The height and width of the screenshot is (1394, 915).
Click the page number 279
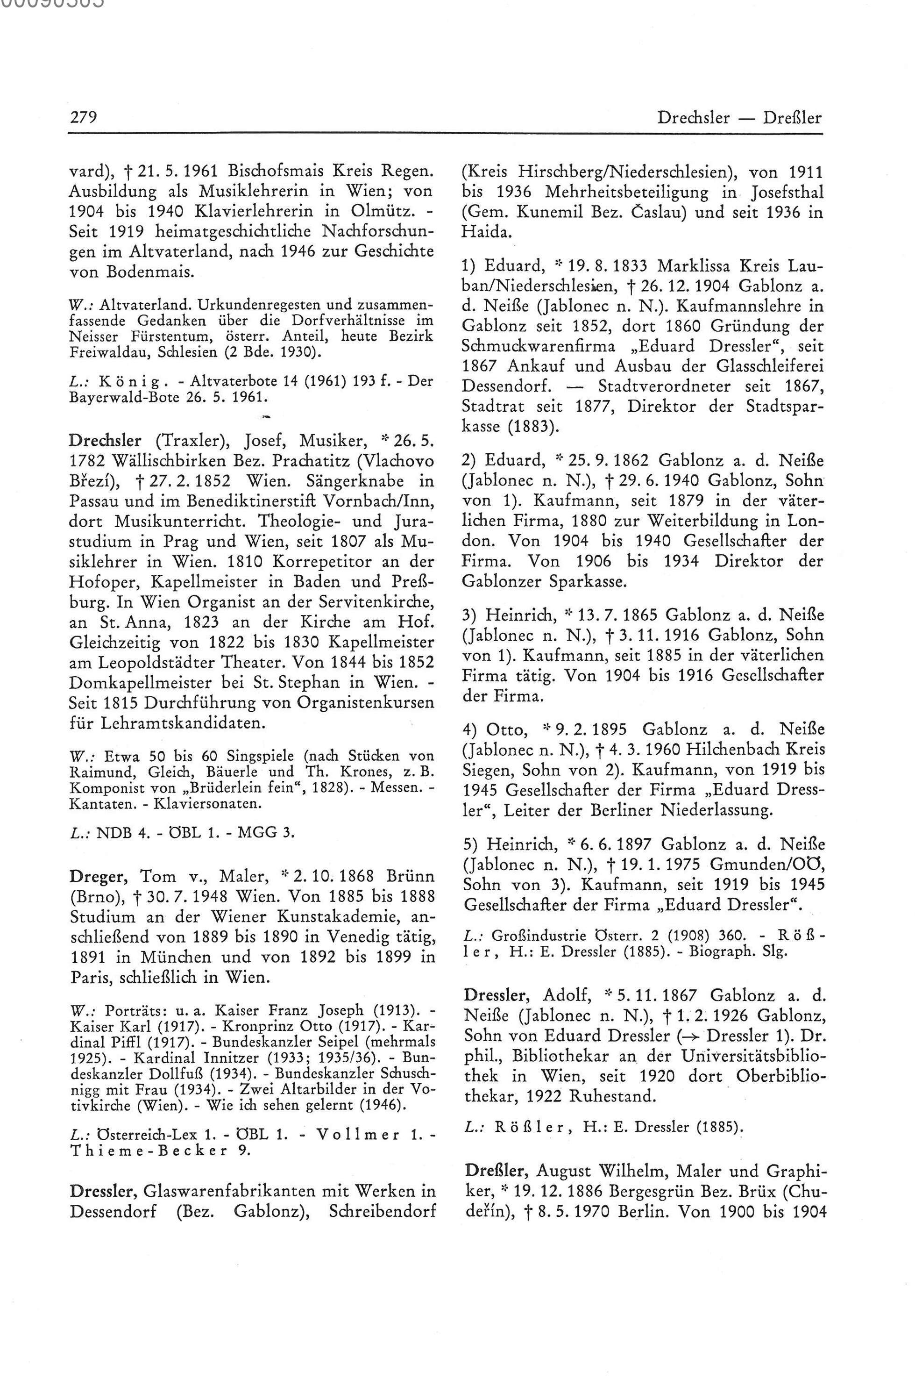tap(83, 118)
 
